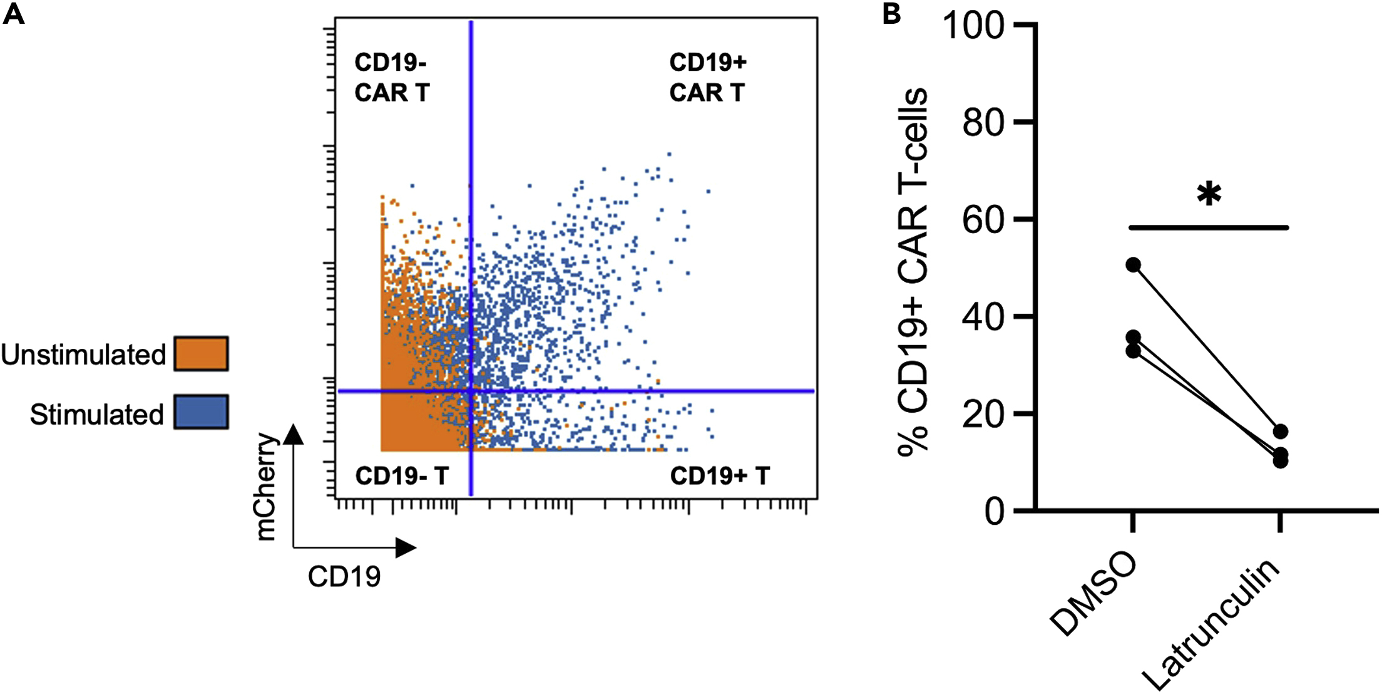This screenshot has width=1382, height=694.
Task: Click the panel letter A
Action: (14, 13)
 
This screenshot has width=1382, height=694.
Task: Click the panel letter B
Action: (891, 13)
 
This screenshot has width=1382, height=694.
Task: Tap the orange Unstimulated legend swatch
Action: (201, 354)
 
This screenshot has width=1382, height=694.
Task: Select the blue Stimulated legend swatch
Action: (201, 412)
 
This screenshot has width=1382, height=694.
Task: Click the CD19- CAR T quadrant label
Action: (392, 78)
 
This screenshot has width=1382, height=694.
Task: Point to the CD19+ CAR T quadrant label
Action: (708, 78)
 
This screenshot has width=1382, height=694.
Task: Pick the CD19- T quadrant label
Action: (402, 476)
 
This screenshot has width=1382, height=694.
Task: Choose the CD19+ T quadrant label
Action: (720, 476)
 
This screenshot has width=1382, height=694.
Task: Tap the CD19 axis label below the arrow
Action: (344, 577)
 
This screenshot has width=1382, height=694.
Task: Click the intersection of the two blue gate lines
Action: (471, 391)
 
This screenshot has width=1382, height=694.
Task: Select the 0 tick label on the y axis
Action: (994, 512)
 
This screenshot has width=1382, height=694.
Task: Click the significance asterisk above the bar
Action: (1209, 194)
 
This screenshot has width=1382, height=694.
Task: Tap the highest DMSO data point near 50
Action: (1133, 265)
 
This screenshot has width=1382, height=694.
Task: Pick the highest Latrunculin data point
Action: (1280, 432)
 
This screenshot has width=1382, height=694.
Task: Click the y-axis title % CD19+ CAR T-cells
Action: (913, 271)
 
